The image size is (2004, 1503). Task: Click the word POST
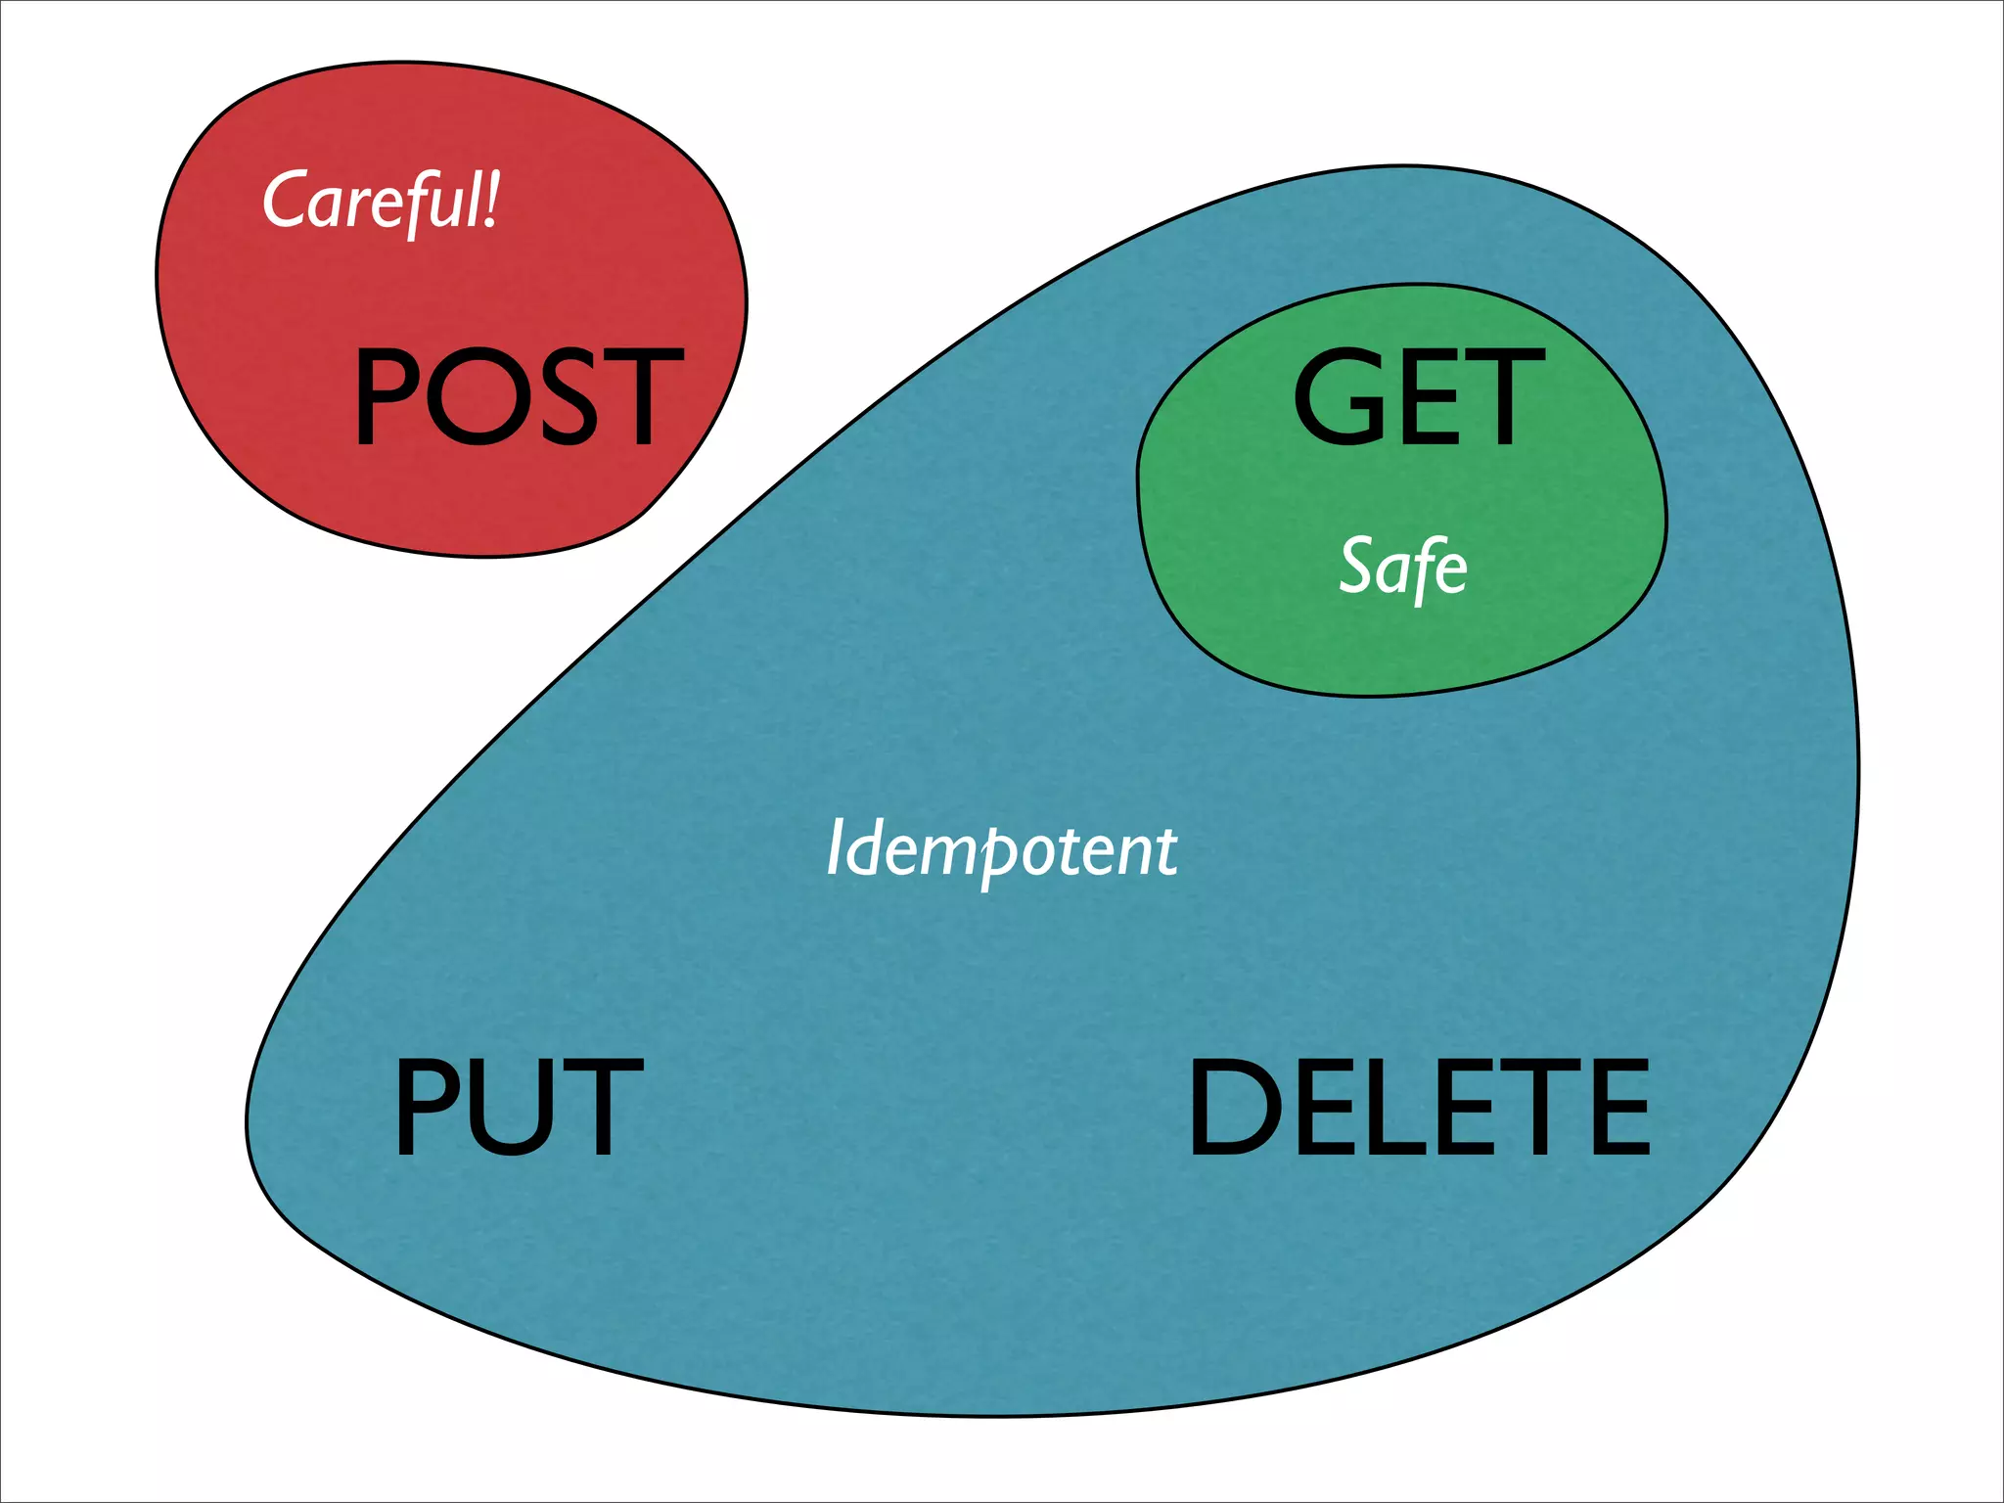518,396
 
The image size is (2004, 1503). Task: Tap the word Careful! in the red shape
382,201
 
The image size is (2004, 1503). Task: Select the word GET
1418,396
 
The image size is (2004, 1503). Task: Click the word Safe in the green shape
1403,568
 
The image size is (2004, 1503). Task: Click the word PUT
518,1106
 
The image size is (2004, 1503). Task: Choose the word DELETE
1419,1106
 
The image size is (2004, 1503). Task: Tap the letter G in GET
1337,396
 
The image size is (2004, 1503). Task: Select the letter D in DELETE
1232,1106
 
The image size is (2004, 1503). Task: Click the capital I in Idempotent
834,846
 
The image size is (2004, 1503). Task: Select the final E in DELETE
1618,1106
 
